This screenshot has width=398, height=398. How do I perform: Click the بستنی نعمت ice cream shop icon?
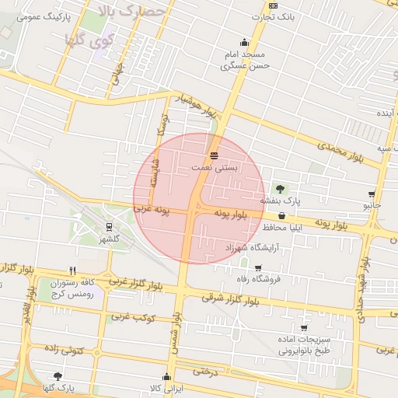click(x=214, y=155)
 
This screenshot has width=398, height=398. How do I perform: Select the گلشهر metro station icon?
click(x=110, y=227)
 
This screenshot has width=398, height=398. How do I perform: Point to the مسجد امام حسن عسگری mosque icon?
click(x=245, y=43)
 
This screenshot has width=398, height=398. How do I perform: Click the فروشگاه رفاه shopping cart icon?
click(x=257, y=268)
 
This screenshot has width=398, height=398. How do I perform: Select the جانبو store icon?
click(x=372, y=194)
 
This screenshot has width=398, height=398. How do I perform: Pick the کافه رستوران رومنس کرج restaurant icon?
click(x=72, y=271)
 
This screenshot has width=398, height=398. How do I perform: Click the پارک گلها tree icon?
click(x=58, y=376)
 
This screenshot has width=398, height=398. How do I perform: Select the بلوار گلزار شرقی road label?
click(x=229, y=296)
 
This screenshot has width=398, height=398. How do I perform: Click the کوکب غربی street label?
click(x=133, y=317)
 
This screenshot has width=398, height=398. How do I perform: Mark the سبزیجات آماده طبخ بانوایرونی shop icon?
click(x=304, y=328)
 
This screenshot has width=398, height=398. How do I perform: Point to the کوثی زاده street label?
click(x=64, y=351)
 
